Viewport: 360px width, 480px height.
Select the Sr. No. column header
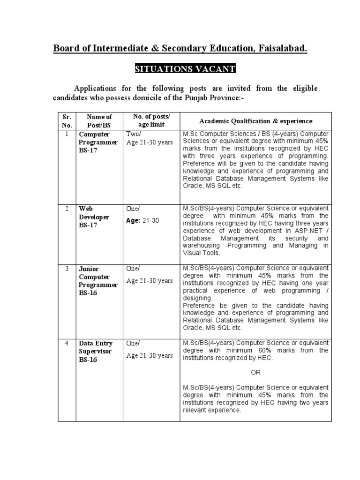click(67, 121)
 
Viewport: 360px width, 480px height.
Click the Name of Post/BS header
click(99, 121)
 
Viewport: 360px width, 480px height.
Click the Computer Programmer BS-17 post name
click(97, 142)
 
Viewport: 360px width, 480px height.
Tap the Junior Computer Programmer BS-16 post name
click(97, 280)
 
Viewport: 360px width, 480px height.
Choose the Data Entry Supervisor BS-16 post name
click(95, 351)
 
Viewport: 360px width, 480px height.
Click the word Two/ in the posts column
click(134, 134)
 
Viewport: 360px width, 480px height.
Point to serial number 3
click(67, 268)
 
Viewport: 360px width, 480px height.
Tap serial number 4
click(67, 343)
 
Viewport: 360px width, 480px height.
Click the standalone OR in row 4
click(255, 373)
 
